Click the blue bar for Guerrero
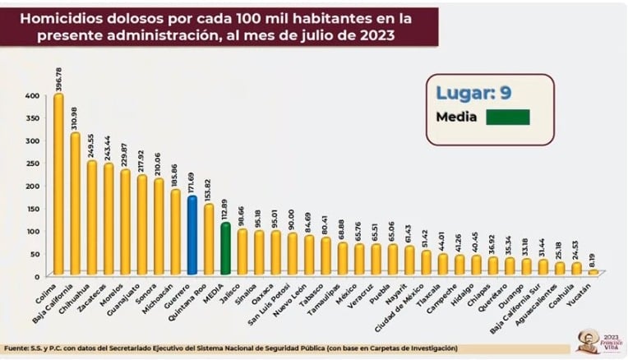[192, 236]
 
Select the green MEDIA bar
[224, 249]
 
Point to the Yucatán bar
[593, 272]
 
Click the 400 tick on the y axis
[31, 95]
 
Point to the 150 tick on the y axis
[31, 207]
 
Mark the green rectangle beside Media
[507, 117]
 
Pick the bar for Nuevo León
[308, 256]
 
